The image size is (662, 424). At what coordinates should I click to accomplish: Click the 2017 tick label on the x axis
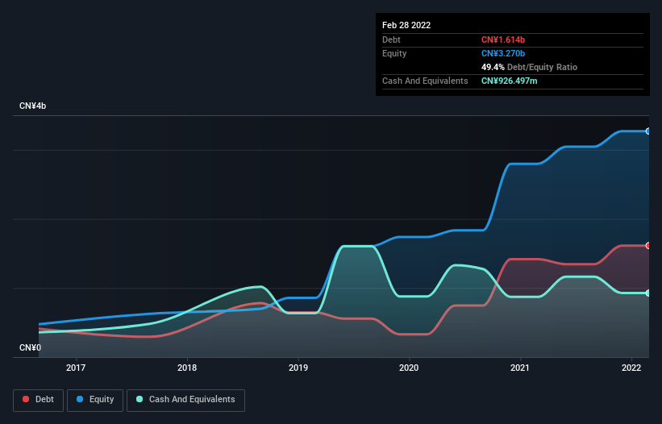[76, 368]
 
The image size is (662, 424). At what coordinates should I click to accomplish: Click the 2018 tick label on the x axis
[187, 368]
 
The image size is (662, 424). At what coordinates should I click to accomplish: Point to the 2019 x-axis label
[298, 368]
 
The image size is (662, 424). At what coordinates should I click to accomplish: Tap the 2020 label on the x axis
[410, 368]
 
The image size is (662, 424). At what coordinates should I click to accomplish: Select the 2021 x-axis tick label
[521, 368]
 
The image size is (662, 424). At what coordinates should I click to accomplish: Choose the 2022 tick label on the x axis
[631, 368]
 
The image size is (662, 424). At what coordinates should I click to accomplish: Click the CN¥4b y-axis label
[33, 106]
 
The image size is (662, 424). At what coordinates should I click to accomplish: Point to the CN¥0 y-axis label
[30, 347]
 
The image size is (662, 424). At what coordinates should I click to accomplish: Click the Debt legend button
[38, 399]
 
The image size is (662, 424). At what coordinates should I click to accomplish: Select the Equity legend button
[95, 399]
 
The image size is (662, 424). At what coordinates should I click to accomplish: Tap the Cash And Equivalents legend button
[185, 399]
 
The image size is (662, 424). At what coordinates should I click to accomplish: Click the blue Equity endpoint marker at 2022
[647, 131]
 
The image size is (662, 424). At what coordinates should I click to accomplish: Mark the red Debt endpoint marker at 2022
[647, 245]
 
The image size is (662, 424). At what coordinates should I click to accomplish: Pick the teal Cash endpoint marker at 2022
[647, 293]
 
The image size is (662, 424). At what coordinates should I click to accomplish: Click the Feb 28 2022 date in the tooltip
[406, 25]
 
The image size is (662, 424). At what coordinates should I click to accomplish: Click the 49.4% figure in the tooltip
[493, 67]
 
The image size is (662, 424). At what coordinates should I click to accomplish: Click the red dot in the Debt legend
[27, 399]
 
